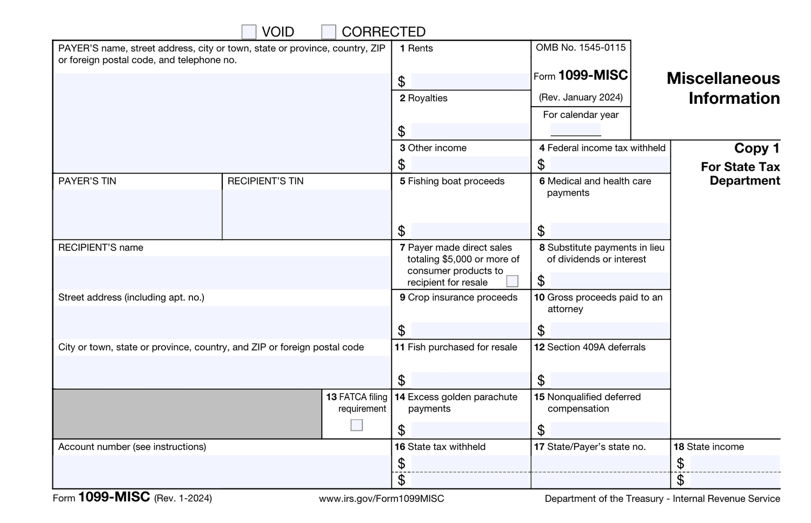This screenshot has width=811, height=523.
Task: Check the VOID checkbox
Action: coord(249,32)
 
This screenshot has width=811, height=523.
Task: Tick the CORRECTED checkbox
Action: coord(328,32)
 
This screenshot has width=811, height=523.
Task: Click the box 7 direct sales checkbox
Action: coord(512,281)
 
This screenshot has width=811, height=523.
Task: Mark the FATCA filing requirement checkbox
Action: coord(356,425)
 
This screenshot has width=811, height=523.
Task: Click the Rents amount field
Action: coord(470,82)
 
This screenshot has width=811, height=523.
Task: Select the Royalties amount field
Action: coord(470,131)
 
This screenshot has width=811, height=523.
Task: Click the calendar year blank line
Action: coord(575,130)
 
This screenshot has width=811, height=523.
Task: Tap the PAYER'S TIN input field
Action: coord(137,214)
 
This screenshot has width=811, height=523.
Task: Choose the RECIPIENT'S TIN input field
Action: coord(306,214)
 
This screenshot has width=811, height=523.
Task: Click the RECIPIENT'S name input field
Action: coord(222,272)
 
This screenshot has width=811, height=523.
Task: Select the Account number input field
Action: coord(222,472)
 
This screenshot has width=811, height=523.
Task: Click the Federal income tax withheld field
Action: coord(609,164)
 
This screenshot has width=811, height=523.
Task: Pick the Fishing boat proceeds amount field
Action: coord(470,231)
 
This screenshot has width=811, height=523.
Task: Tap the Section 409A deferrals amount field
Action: coord(609,380)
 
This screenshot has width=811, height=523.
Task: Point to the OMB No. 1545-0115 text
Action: coord(581,48)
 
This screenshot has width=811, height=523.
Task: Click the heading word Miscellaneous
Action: coord(723,78)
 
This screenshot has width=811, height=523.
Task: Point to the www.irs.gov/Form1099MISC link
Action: coord(381,499)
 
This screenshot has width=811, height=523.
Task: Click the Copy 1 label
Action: coord(756,148)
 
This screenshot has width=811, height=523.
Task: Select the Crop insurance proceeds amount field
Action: coord(470,330)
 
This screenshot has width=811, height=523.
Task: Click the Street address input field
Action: coord(222,322)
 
